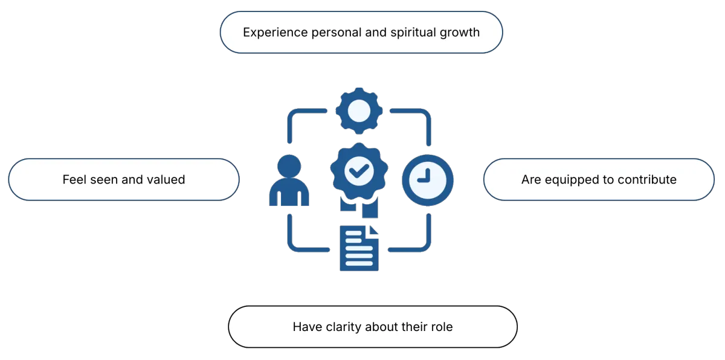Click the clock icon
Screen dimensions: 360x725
[428, 179]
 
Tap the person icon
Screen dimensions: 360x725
[288, 181]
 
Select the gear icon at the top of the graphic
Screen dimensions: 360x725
[359, 111]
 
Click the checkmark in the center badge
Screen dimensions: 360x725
[359, 172]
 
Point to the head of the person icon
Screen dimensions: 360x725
[288, 166]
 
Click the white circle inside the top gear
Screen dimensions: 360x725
[359, 111]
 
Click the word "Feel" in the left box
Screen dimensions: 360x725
[74, 179]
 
